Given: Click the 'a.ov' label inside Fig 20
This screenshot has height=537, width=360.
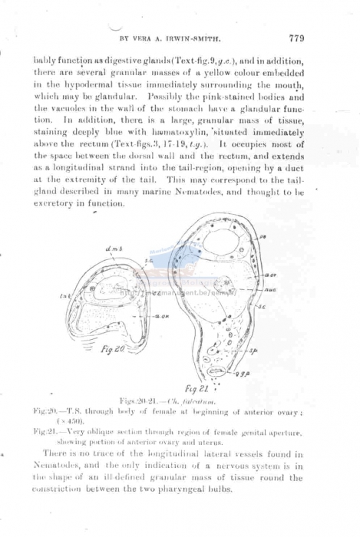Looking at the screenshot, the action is tap(161, 315).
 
